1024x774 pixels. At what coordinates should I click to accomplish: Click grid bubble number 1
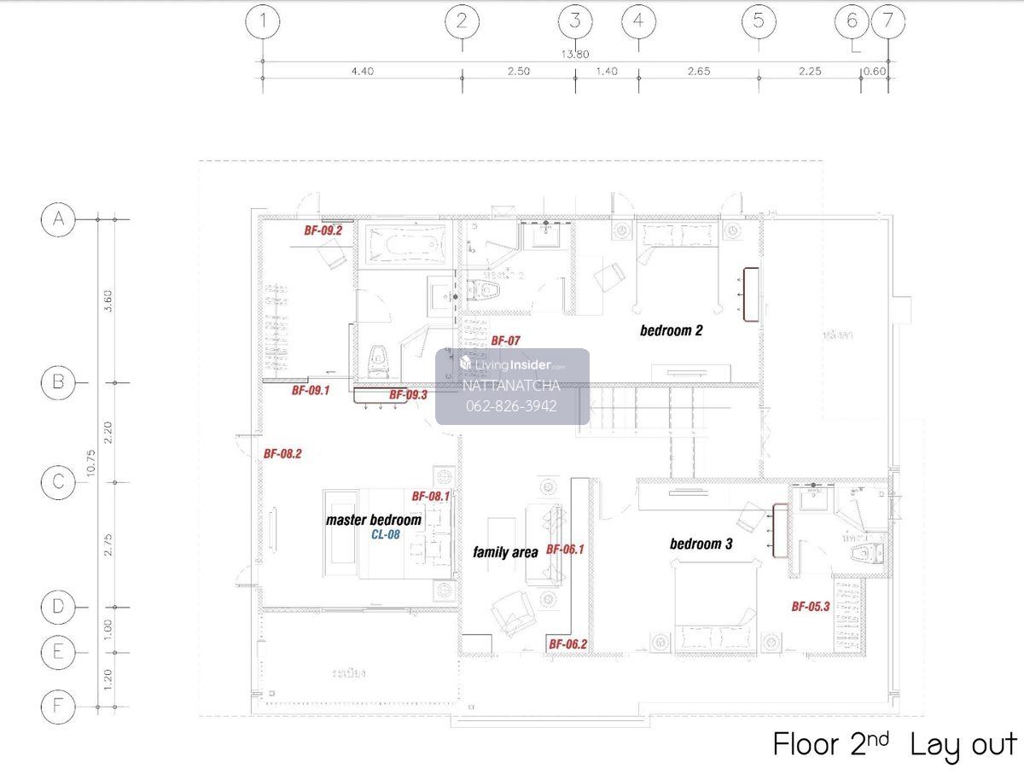[263, 21]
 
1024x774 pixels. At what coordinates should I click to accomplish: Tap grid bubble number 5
[759, 21]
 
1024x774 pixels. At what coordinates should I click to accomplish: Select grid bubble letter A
[58, 219]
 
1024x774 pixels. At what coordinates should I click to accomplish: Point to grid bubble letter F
[58, 706]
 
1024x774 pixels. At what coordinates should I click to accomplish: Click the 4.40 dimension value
[362, 72]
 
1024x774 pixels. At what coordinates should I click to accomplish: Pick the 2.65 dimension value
[698, 72]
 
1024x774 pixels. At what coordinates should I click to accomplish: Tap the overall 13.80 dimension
[574, 54]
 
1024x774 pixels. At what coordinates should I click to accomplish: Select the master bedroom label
[373, 520]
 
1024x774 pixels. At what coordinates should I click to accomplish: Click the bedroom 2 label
[671, 330]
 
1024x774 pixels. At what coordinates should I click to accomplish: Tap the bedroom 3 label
[701, 544]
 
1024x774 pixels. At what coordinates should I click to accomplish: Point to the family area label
[505, 552]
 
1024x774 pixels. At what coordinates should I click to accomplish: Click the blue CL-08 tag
[385, 535]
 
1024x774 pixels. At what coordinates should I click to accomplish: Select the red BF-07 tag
[505, 340]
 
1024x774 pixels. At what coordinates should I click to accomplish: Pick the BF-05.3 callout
[810, 607]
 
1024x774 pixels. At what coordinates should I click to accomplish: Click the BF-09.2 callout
[323, 230]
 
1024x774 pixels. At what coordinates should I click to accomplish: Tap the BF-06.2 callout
[567, 644]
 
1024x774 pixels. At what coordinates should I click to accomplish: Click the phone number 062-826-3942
[511, 405]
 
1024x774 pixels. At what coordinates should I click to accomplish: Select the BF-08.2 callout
[282, 454]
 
